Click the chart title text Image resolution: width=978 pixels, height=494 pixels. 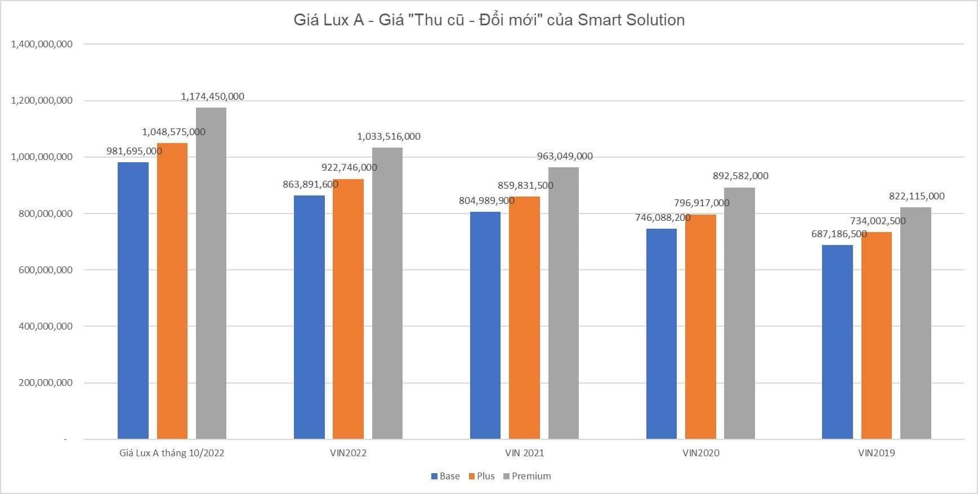pos(489,20)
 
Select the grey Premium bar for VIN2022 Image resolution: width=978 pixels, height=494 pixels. pos(387,293)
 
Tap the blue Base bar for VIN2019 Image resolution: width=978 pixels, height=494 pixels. pos(837,342)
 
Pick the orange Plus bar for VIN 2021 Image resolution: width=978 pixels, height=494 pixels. pos(524,318)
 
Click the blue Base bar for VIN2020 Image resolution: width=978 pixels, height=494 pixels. pos(661,333)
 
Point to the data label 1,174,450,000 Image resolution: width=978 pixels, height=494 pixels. pos(212,96)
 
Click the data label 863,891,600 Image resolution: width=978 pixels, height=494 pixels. pos(310,184)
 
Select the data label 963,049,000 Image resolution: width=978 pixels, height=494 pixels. pos(565,156)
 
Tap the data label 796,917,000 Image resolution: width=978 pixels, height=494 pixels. pos(702,203)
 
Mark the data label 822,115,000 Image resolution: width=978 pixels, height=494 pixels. pos(917,196)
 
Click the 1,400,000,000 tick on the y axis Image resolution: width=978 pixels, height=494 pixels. pos(42,44)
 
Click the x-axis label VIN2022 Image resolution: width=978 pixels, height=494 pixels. pos(348,453)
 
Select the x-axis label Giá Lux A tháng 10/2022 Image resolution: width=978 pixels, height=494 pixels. pos(172,453)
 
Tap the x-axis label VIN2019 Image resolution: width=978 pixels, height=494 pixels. pos(876,453)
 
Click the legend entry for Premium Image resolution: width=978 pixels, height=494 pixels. pos(531,476)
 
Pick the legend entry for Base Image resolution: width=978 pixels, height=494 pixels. pos(449,476)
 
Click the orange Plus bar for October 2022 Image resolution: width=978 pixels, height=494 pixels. pos(172,291)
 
